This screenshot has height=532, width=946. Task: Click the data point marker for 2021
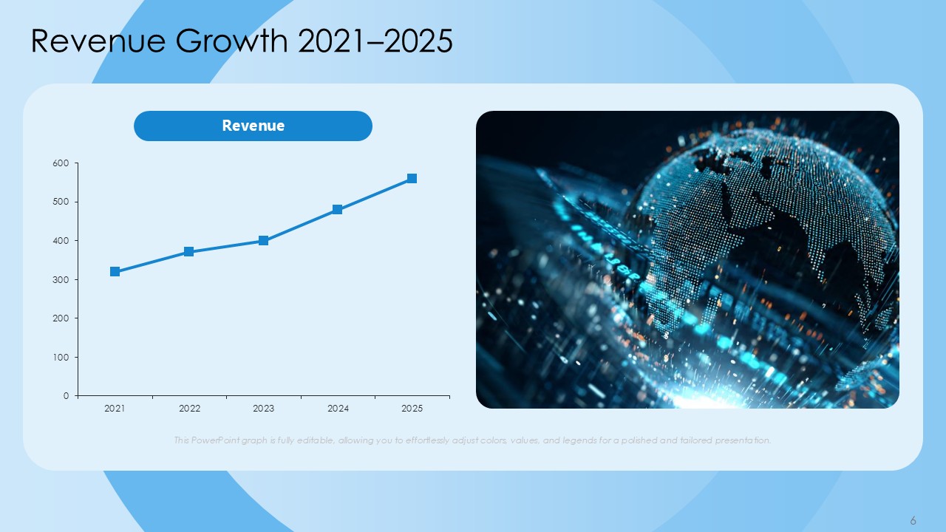pyautogui.click(x=115, y=271)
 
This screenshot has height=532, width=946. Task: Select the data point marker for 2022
pyautogui.click(x=188, y=252)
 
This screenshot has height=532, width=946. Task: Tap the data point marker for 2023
pyautogui.click(x=263, y=241)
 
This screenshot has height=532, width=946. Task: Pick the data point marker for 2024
pyautogui.click(x=338, y=209)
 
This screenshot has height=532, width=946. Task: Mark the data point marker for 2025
pyautogui.click(x=412, y=179)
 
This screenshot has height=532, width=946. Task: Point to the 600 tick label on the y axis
pyautogui.click(x=61, y=163)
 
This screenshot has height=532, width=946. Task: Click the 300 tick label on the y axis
pyautogui.click(x=61, y=280)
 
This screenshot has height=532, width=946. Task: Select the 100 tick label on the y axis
pyautogui.click(x=61, y=358)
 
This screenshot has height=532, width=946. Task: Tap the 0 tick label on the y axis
pyautogui.click(x=66, y=396)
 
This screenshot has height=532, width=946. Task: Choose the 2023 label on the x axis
pyautogui.click(x=264, y=409)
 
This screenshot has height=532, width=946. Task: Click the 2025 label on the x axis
pyautogui.click(x=412, y=409)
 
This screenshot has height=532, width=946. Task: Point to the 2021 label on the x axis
pyautogui.click(x=115, y=409)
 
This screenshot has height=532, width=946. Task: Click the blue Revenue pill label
pyautogui.click(x=253, y=126)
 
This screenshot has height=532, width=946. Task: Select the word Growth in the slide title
pyautogui.click(x=232, y=41)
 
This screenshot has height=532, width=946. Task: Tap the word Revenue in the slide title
pyautogui.click(x=98, y=41)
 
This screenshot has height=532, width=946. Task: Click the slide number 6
pyautogui.click(x=913, y=520)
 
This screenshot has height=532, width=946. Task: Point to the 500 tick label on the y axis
pyautogui.click(x=61, y=202)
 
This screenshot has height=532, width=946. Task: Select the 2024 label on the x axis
pyautogui.click(x=338, y=409)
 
